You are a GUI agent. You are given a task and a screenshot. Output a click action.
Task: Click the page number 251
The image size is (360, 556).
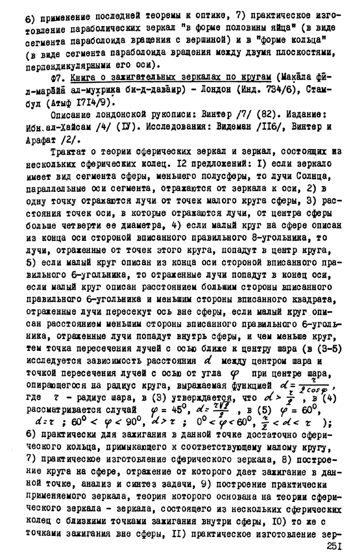click(x=338, y=547)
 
